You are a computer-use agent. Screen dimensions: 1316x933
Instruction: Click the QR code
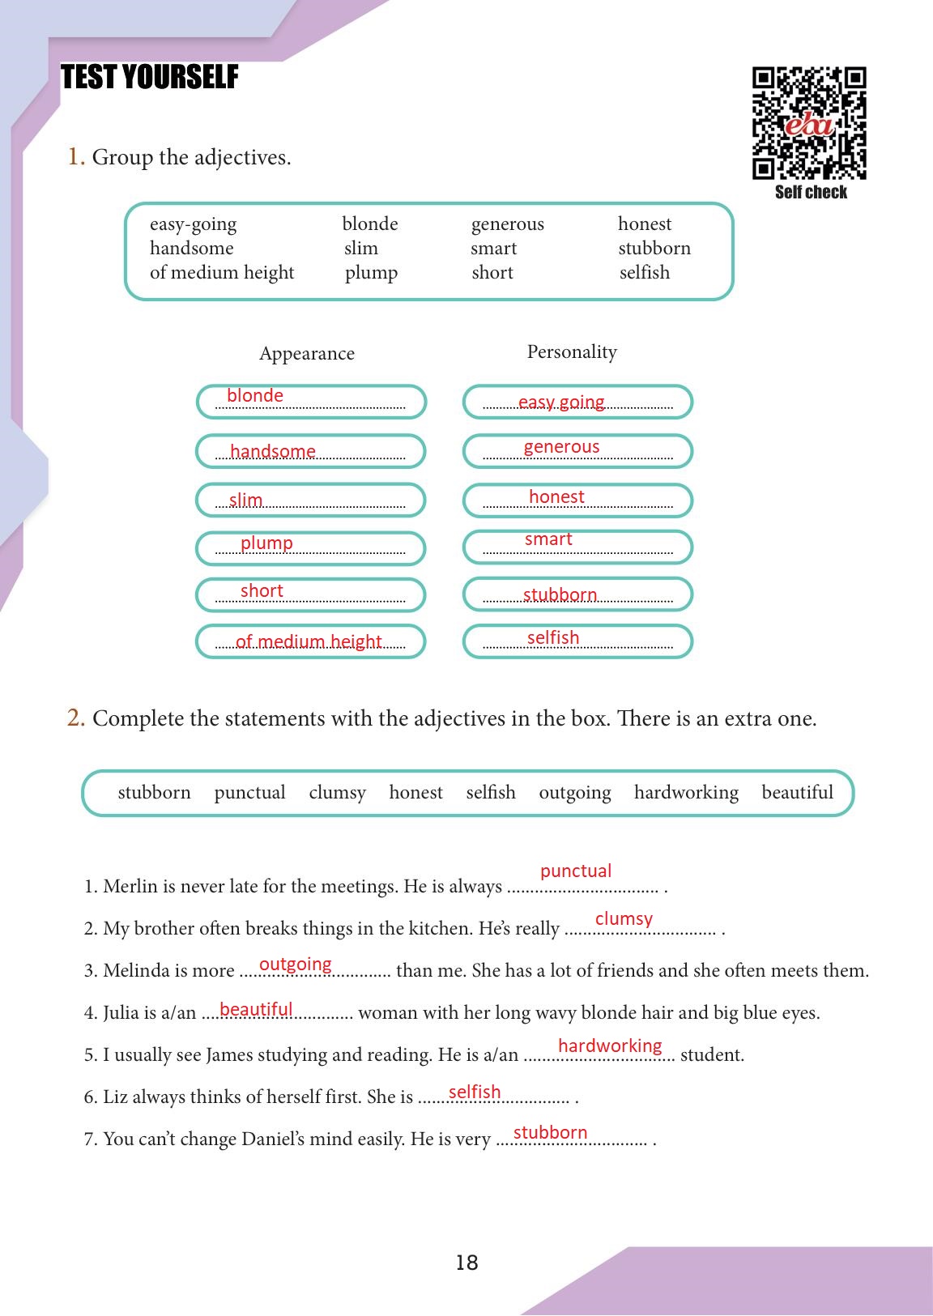pyautogui.click(x=809, y=123)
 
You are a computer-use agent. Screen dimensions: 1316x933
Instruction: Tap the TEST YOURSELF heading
pyautogui.click(x=150, y=78)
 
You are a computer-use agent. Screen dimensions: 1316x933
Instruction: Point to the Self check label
pyautogui.click(x=811, y=192)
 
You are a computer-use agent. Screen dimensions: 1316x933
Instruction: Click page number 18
pyautogui.click(x=466, y=1263)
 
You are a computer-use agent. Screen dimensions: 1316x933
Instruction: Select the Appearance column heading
pyautogui.click(x=307, y=353)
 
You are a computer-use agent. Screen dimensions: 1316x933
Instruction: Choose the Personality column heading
pyautogui.click(x=572, y=351)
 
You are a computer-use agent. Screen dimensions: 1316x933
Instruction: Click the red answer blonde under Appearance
pyautogui.click(x=255, y=395)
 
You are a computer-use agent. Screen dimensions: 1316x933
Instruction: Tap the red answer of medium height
pyautogui.click(x=309, y=641)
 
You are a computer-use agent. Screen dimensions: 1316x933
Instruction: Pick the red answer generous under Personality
pyautogui.click(x=561, y=446)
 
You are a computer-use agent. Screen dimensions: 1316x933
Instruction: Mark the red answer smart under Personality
pyautogui.click(x=548, y=539)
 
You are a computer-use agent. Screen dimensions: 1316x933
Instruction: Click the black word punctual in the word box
pyautogui.click(x=249, y=792)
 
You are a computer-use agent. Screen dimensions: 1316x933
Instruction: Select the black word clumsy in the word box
pyautogui.click(x=337, y=792)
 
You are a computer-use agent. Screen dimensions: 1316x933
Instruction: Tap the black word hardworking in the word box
pyautogui.click(x=686, y=792)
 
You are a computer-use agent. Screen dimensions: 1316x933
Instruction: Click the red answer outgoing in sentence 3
pyautogui.click(x=296, y=964)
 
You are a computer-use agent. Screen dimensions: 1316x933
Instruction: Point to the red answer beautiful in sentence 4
pyautogui.click(x=256, y=1009)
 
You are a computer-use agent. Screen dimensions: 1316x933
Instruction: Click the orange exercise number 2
pyautogui.click(x=76, y=718)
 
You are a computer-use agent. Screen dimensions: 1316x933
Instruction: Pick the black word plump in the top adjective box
pyautogui.click(x=371, y=272)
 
